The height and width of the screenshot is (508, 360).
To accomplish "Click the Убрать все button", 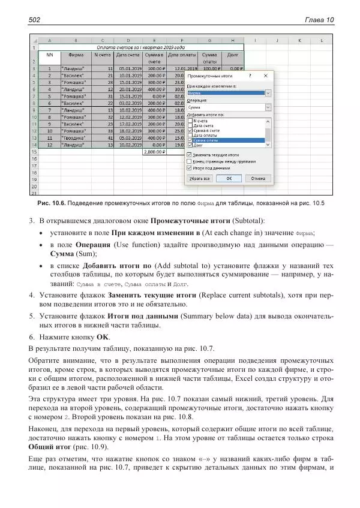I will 200,178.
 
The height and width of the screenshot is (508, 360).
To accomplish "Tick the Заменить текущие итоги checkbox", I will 190,154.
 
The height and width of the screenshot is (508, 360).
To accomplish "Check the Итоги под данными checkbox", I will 190,168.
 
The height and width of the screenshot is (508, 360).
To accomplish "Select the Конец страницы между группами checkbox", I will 190,161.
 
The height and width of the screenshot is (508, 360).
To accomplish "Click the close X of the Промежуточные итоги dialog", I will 267,77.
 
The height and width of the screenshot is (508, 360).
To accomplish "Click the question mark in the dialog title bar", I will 250,77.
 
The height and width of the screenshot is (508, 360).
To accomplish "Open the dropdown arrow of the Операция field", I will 268,107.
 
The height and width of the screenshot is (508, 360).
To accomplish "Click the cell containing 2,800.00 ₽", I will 154,152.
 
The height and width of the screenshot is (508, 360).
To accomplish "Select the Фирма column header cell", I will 76,54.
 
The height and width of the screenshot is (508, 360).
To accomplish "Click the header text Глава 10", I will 319,20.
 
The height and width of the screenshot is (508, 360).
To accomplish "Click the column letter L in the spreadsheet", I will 321,40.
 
